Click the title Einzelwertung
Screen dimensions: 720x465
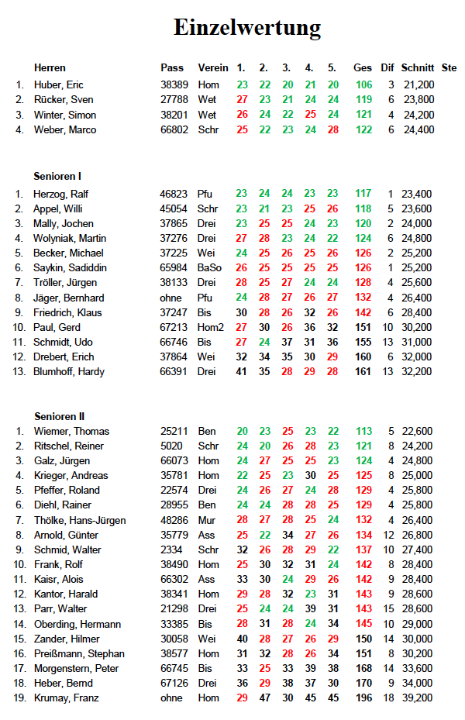click(x=246, y=29)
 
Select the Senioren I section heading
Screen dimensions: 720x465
click(x=58, y=177)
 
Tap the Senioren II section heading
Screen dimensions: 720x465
click(x=60, y=416)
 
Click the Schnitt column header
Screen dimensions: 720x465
click(x=418, y=67)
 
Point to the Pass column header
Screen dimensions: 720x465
click(x=172, y=67)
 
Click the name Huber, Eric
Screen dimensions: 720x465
click(x=59, y=84)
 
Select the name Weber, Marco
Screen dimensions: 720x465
click(x=65, y=129)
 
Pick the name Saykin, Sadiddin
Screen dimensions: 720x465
click(x=70, y=268)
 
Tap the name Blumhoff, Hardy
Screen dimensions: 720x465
click(x=69, y=371)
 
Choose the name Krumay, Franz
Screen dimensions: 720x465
click(x=66, y=698)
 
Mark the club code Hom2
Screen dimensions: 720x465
click(x=211, y=327)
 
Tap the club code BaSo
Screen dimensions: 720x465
click(x=210, y=268)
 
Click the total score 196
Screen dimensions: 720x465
click(x=363, y=698)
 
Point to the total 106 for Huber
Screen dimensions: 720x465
click(x=363, y=84)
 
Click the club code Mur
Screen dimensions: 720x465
click(x=206, y=520)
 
